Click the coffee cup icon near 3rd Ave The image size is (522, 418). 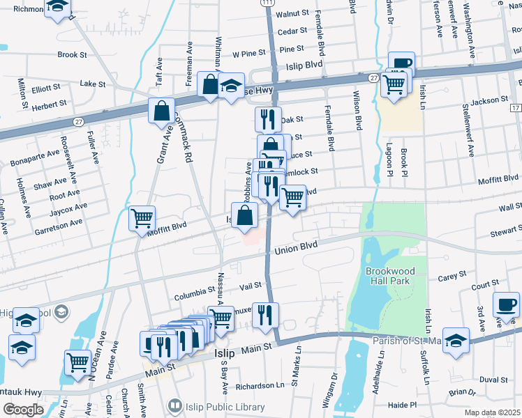pos(505,305)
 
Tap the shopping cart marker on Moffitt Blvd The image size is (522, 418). pos(142,218)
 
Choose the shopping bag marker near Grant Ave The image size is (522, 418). pos(161,111)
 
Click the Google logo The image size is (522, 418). pos(22,409)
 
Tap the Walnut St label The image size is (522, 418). pos(292,13)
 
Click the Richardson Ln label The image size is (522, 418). pos(260,385)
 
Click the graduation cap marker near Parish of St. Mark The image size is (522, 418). pos(456,340)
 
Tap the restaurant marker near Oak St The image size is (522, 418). pos(267,119)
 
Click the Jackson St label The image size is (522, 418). pos(484,102)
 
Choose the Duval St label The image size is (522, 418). pos(493,380)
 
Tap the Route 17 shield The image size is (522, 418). pos(515,109)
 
